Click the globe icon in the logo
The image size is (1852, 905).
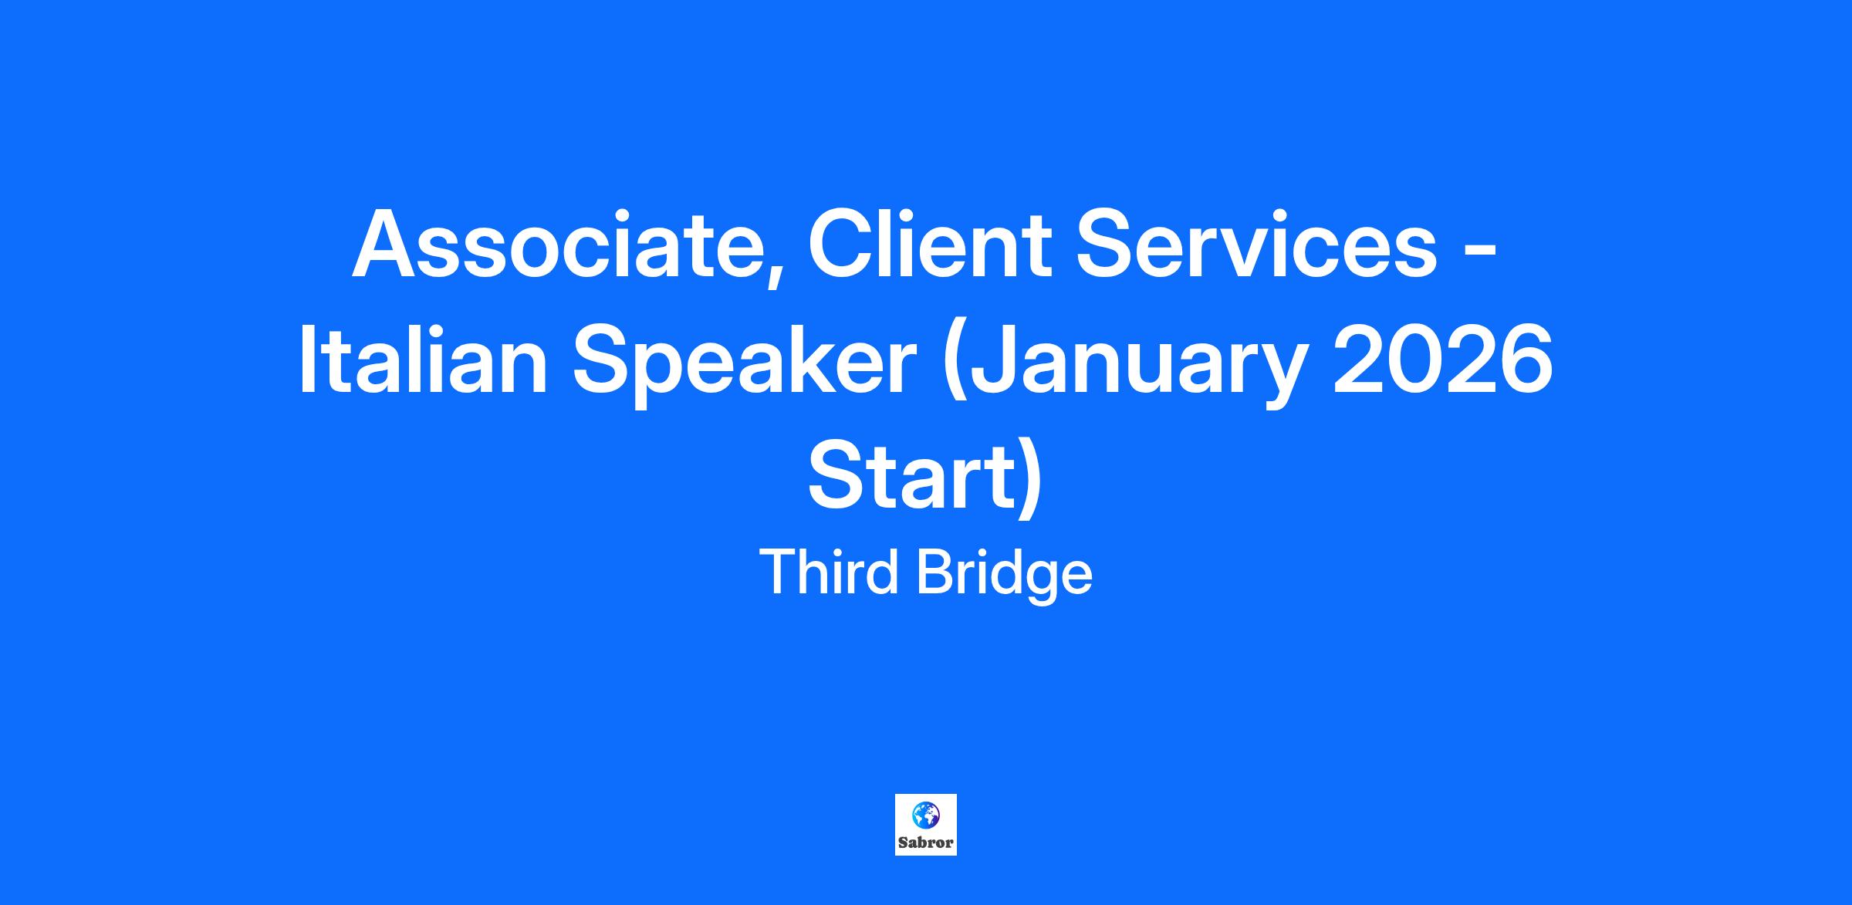click(x=925, y=814)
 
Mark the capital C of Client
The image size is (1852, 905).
click(x=840, y=244)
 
